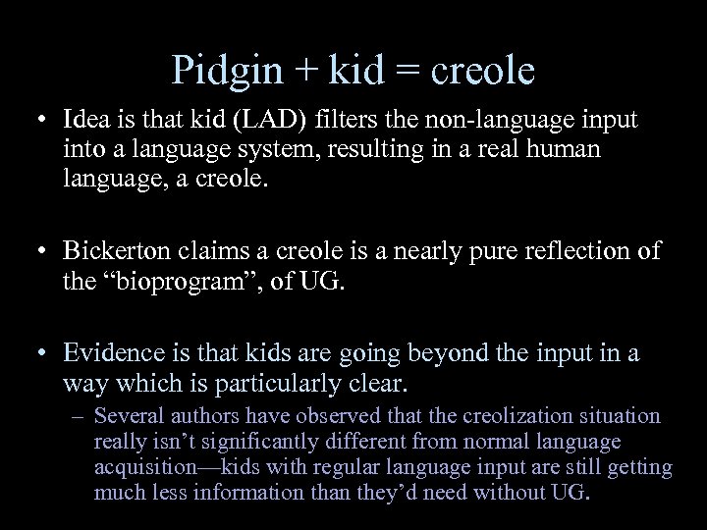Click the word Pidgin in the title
[x=220, y=71]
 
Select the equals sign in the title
[x=405, y=71]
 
